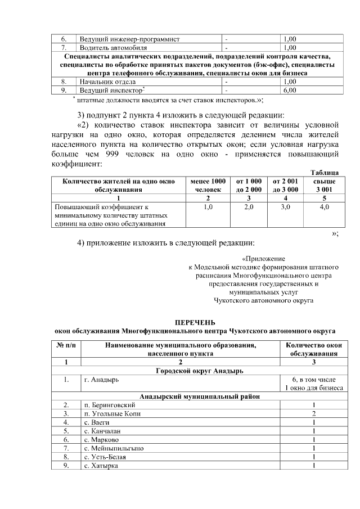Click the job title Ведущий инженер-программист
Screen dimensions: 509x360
129,39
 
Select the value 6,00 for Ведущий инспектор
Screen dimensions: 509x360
290,89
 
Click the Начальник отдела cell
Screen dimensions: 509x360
106,82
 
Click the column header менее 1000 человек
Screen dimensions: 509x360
208,186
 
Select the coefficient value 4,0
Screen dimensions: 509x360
324,207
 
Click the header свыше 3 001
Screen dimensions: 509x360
324,186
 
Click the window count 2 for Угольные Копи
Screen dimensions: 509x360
314,413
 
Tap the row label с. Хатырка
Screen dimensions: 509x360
101,466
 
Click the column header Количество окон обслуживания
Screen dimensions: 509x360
314,350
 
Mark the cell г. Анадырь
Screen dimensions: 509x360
99,380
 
